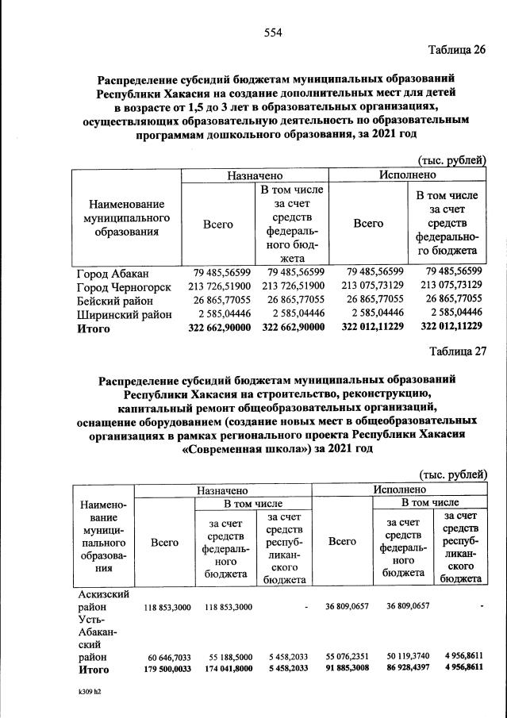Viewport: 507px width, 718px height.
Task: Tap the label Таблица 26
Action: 457,50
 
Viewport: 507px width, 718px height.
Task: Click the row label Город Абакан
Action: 109,273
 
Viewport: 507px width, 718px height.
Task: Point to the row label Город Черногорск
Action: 123,286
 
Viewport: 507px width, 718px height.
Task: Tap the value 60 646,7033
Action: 167,658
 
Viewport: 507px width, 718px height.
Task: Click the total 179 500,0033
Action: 167,670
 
